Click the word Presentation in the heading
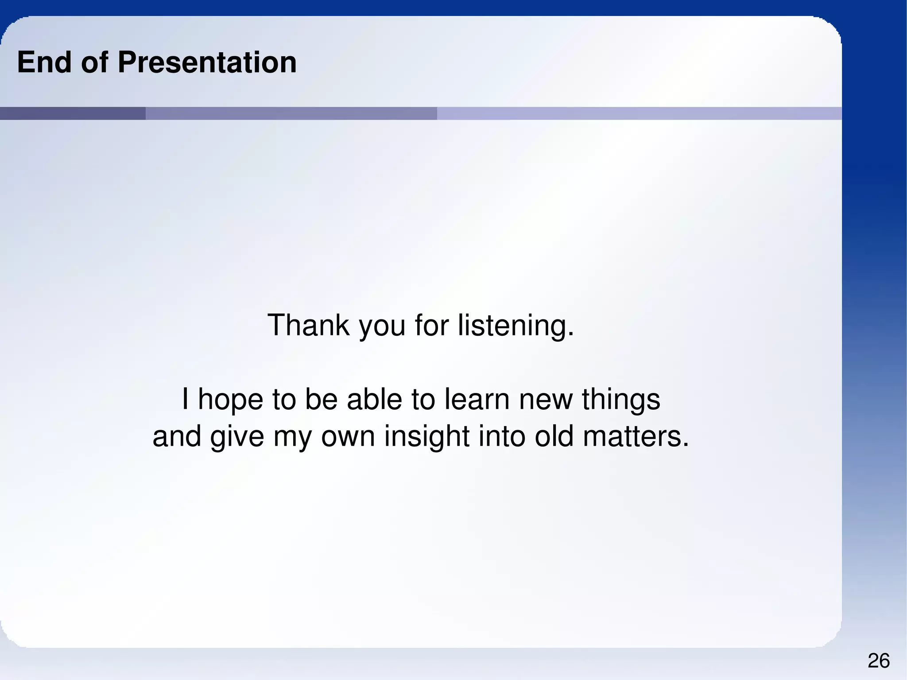pyautogui.click(x=207, y=62)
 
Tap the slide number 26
pyautogui.click(x=879, y=661)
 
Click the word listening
pyautogui.click(x=516, y=326)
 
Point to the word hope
pyautogui.click(x=230, y=400)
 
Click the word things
pyautogui.click(x=620, y=400)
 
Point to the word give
pyautogui.click(x=237, y=437)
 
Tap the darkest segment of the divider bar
pyautogui.click(x=73, y=113)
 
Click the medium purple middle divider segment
pyautogui.click(x=291, y=113)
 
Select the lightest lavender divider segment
pyautogui.click(x=639, y=113)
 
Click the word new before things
pyautogui.click(x=546, y=400)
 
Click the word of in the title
pyautogui.click(x=94, y=62)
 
